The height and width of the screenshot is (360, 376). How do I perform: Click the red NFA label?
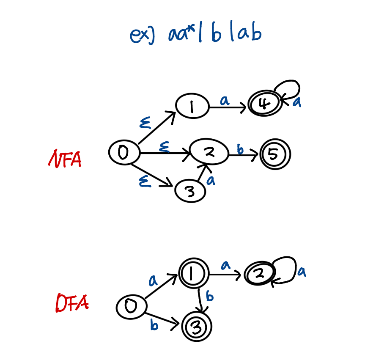pyautogui.click(x=65, y=159)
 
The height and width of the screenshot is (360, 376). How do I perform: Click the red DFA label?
pyautogui.click(x=71, y=303)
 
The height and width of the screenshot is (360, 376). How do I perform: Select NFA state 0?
pyautogui.click(x=124, y=153)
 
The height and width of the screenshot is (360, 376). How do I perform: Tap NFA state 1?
pyautogui.click(x=192, y=106)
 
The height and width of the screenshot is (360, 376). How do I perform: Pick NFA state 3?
pyautogui.click(x=190, y=192)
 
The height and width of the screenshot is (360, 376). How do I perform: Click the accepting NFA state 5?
pyautogui.click(x=275, y=155)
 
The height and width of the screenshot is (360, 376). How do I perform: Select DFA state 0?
pyautogui.click(x=131, y=307)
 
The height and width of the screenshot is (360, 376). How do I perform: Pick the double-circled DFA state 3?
pyautogui.click(x=197, y=327)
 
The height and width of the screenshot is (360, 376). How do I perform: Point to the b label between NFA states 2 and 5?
pyautogui.click(x=240, y=148)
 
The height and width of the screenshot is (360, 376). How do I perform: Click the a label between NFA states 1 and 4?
pyautogui.click(x=225, y=100)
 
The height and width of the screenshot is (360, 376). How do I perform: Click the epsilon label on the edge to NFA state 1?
pyautogui.click(x=145, y=123)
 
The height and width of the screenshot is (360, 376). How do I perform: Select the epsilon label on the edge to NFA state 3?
pyautogui.click(x=145, y=182)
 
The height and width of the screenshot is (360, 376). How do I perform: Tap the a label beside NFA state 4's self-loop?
pyautogui.click(x=296, y=102)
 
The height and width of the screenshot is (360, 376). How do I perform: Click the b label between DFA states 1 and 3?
pyautogui.click(x=210, y=296)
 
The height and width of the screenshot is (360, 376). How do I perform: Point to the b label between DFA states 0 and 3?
pyautogui.click(x=154, y=325)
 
